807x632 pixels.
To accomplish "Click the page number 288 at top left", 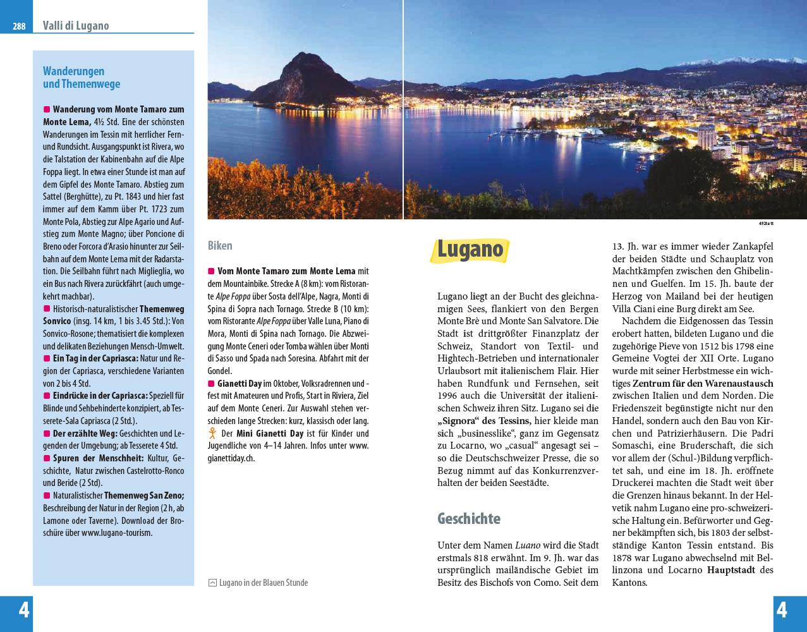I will tap(19, 27).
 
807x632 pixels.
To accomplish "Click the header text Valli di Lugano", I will tap(76, 26).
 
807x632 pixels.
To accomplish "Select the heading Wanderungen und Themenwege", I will tap(82, 77).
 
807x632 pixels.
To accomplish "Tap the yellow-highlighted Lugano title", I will tap(470, 249).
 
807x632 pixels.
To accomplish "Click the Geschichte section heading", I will tap(469, 519).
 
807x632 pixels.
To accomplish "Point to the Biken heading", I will tap(220, 245).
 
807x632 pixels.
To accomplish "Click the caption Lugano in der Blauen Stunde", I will tap(263, 583).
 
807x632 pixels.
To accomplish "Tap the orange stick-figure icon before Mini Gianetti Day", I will tap(212, 434).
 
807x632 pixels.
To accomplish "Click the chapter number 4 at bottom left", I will tap(24, 611).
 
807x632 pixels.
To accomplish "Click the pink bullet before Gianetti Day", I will tap(211, 384).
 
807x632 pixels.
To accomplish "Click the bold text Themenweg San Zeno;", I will tap(144, 495).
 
